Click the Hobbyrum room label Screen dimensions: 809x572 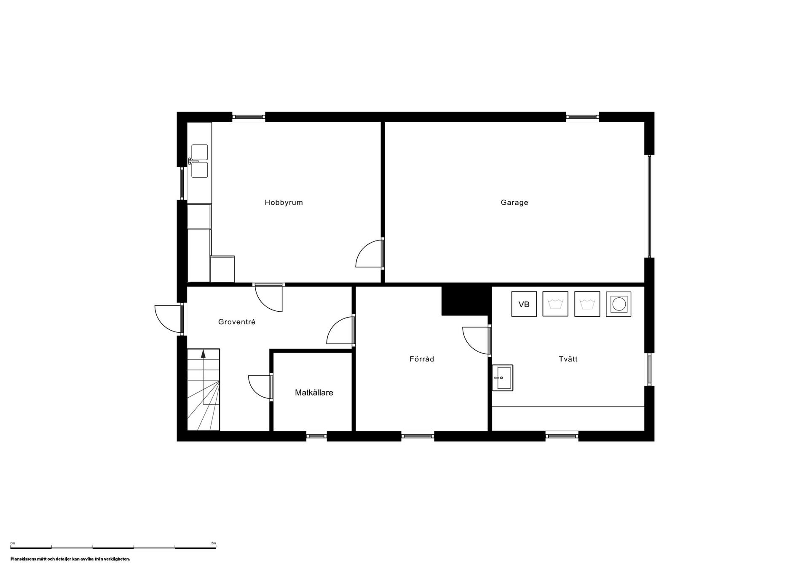click(x=284, y=203)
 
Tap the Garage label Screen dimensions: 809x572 click(x=514, y=203)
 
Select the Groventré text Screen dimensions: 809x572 click(x=237, y=322)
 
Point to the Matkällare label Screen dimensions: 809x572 click(x=314, y=393)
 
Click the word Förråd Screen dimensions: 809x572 click(x=422, y=359)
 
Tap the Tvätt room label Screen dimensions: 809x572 click(x=568, y=359)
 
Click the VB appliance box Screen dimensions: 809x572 click(x=524, y=304)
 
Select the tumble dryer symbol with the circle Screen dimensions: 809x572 click(x=619, y=304)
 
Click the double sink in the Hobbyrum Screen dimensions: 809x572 click(x=199, y=161)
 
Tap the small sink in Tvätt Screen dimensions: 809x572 click(x=503, y=378)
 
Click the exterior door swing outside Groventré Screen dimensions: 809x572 click(x=168, y=319)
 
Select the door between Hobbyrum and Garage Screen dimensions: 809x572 click(x=370, y=253)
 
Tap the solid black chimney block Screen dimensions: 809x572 click(x=466, y=301)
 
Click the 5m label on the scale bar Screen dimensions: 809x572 click(x=214, y=543)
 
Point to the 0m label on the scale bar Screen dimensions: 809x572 click(x=13, y=543)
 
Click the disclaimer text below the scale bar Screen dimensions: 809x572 click(x=70, y=559)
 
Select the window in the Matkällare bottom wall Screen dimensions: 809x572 click(x=316, y=436)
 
